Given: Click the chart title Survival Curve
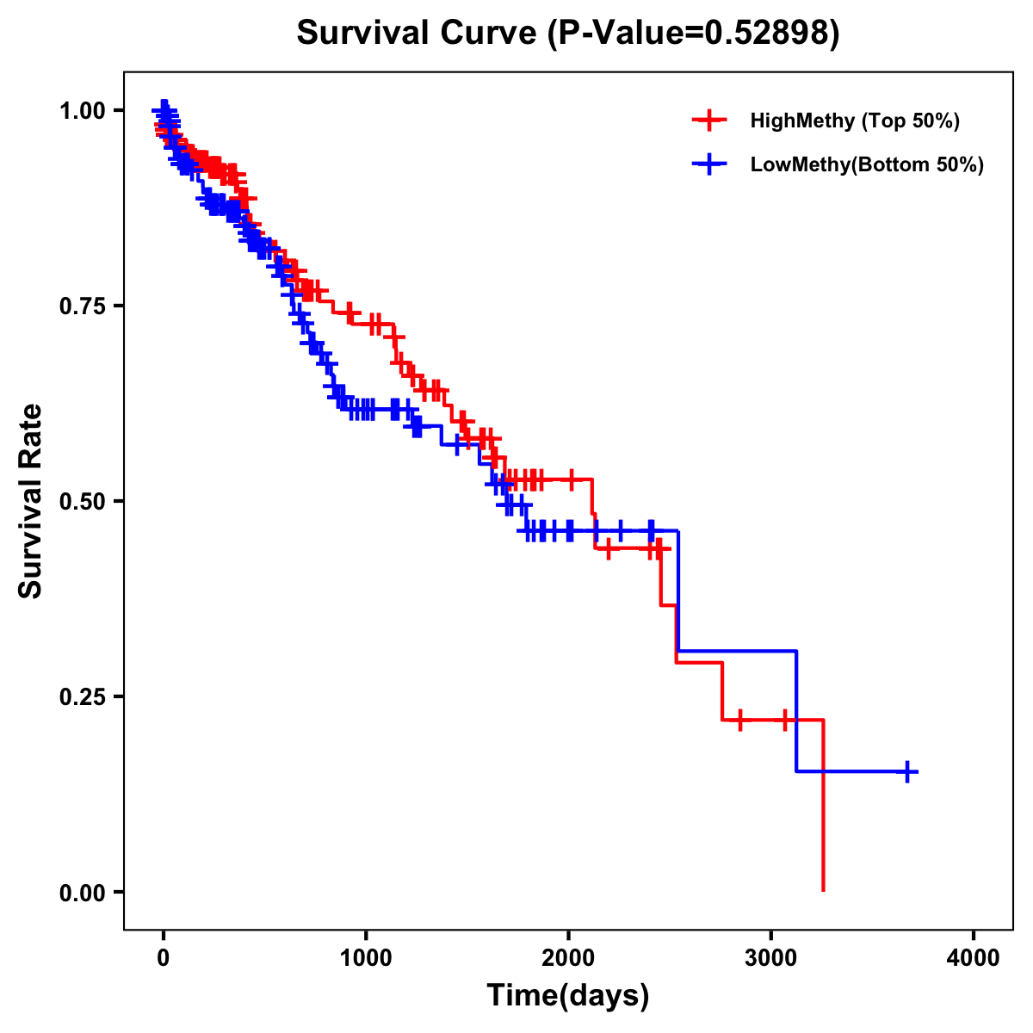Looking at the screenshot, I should [418, 33].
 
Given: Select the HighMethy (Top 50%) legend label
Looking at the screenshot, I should [854, 121].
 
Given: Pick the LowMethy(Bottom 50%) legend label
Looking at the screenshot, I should [867, 164].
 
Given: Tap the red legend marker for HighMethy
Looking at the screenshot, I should [709, 121].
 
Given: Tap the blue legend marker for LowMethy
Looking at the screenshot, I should [709, 164].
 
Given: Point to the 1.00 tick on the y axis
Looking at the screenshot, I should [84, 110].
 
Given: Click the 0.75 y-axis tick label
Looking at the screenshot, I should [84, 306].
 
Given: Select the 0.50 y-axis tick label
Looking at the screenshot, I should [84, 501].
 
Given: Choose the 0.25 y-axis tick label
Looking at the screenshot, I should [84, 696].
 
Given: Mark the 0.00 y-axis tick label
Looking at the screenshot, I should [84, 892].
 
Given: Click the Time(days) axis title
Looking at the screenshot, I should [568, 996].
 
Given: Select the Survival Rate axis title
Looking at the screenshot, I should [31, 500].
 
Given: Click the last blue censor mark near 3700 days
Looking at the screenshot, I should [906, 771].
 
